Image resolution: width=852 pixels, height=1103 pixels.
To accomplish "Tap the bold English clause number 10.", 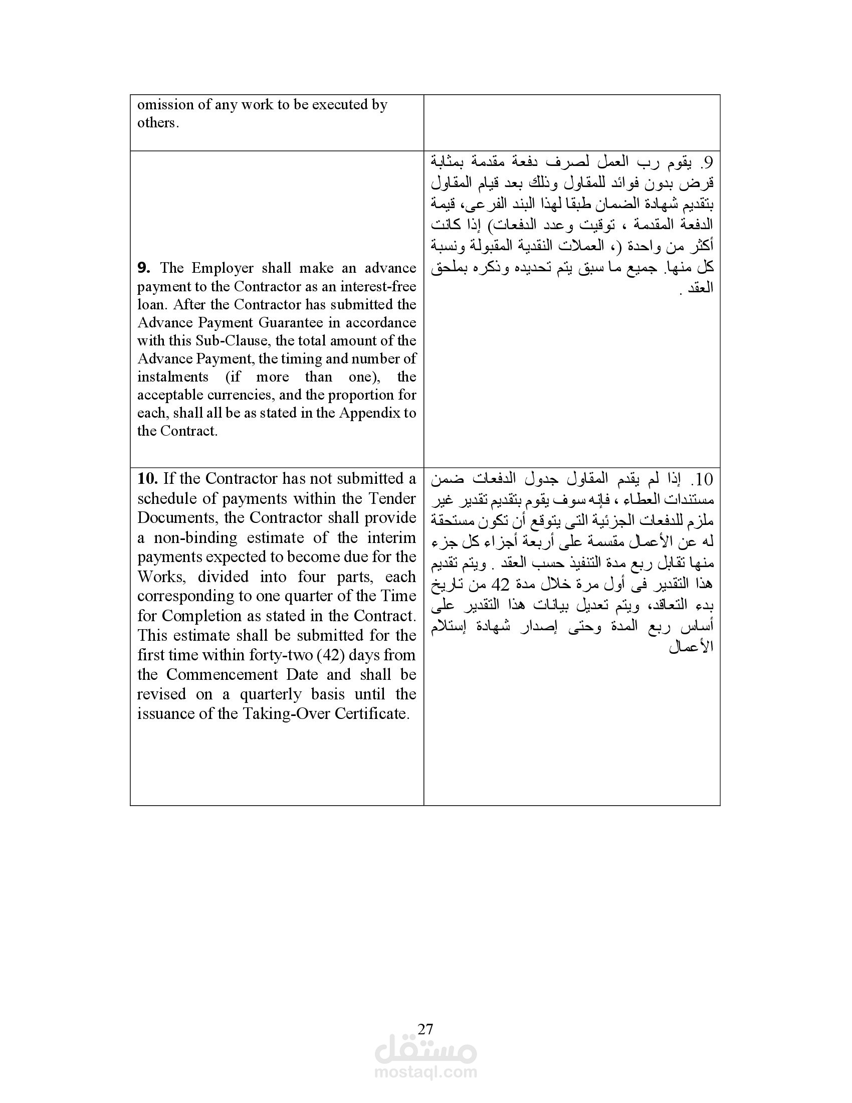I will coord(148,478).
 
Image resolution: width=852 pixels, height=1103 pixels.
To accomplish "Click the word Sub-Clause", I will coord(233,341).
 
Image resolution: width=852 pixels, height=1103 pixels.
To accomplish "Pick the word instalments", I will coord(172,377).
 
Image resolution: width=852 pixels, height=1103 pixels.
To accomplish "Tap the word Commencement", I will coord(222,675).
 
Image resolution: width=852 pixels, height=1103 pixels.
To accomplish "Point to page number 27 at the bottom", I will coord(425,1029).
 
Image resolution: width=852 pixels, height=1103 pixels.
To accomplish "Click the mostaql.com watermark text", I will coord(425,1072).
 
